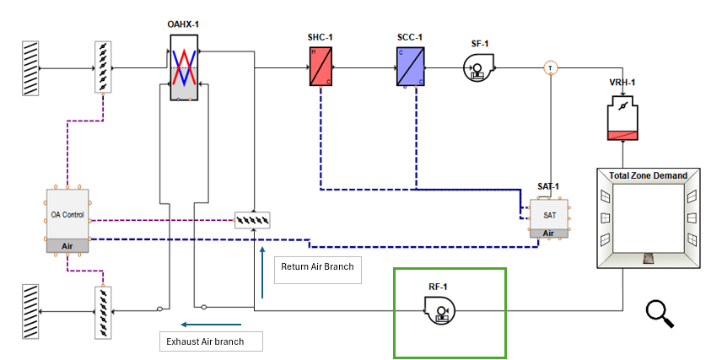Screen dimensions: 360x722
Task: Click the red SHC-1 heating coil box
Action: [320, 67]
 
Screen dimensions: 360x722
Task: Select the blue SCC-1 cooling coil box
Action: [411, 67]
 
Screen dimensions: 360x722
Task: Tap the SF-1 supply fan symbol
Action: [477, 68]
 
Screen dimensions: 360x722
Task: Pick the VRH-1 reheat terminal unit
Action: [622, 119]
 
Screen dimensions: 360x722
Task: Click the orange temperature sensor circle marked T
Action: [550, 67]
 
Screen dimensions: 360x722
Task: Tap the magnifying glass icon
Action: [660, 313]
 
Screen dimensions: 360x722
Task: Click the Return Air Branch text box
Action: [317, 269]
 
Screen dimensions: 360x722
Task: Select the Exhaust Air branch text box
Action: [211, 341]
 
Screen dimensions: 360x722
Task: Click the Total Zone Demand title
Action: [649, 175]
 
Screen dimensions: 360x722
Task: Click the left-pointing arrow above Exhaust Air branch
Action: [211, 323]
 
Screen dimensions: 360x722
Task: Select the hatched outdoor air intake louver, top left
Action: [31, 67]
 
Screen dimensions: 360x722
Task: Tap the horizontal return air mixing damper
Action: [254, 220]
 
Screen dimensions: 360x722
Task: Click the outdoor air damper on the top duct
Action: [102, 67]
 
